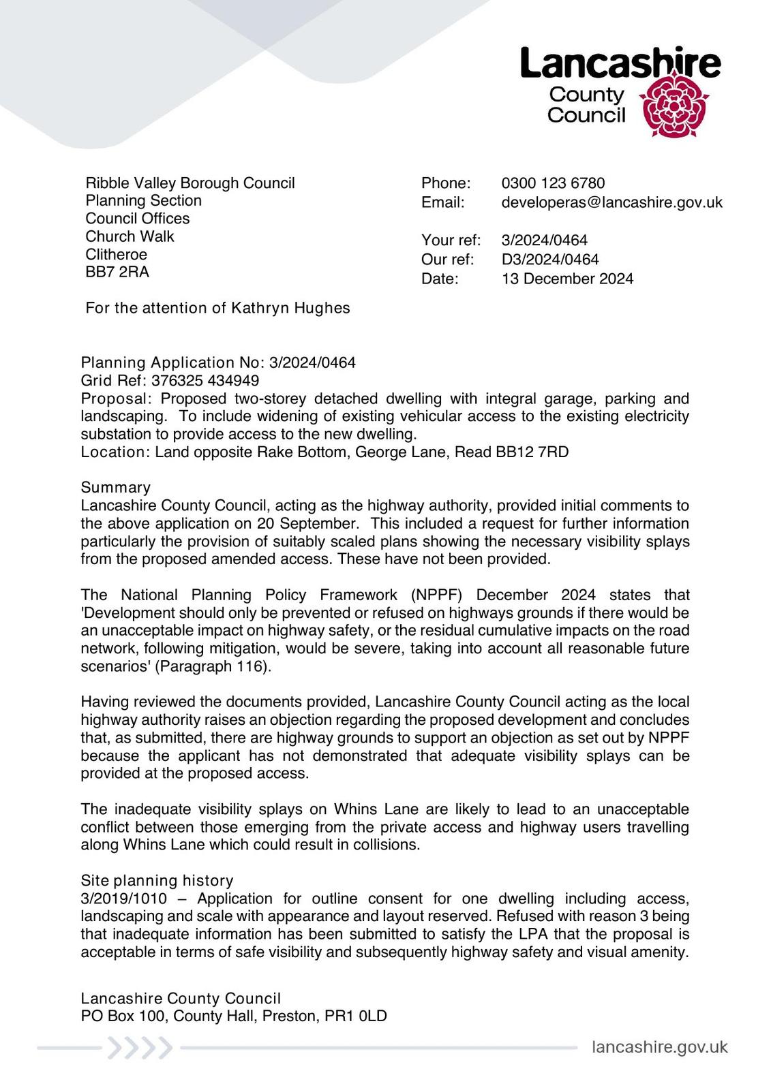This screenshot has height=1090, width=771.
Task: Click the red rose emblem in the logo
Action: [x=673, y=106]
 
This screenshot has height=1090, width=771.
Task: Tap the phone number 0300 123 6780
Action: [x=553, y=183]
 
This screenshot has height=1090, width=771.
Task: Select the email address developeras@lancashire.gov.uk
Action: [x=611, y=202]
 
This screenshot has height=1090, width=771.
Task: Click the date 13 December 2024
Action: [x=567, y=279]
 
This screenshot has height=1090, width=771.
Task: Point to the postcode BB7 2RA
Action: [x=117, y=272]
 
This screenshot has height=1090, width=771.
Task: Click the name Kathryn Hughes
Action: [x=290, y=308]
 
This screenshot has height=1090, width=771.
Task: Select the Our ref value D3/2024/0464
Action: [x=550, y=260]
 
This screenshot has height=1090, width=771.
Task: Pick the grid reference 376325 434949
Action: [x=205, y=380]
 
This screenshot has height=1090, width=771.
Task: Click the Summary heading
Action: [x=115, y=487]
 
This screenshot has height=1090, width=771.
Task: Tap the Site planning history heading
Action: [x=157, y=880]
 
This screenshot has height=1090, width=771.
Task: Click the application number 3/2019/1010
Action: [x=123, y=899]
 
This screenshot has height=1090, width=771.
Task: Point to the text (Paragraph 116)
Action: [x=213, y=666]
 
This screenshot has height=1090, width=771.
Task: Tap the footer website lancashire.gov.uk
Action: [x=659, y=1047]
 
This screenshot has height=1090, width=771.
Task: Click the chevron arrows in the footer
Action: [x=140, y=1048]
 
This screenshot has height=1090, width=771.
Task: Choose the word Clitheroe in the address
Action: [x=116, y=254]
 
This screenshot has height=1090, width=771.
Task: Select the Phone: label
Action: [x=446, y=183]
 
